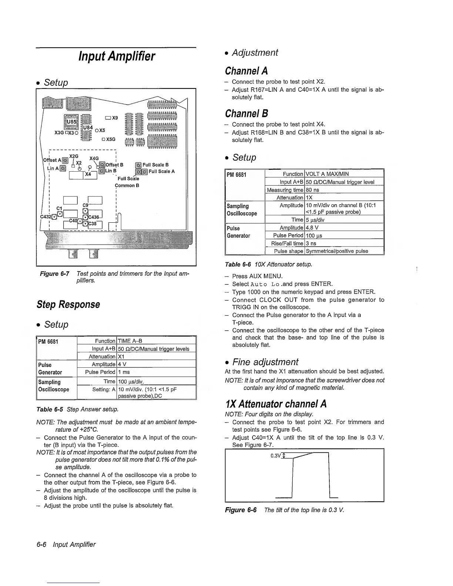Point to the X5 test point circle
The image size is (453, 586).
point(97,131)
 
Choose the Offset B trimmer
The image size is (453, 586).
point(102,165)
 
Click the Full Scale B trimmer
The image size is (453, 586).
point(138,165)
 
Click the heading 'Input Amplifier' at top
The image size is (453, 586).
point(117,57)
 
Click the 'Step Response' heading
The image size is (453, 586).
point(68,304)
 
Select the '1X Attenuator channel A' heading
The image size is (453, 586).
point(276,404)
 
